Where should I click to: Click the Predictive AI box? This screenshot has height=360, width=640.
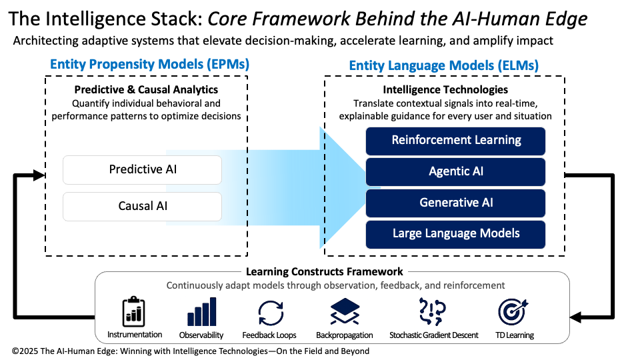coord(142,170)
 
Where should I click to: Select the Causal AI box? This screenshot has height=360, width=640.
coord(142,206)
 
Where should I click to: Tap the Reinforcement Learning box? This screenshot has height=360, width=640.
coord(456,141)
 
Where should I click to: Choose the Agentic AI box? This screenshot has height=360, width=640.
coord(456,171)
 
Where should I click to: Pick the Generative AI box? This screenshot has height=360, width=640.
coord(456,203)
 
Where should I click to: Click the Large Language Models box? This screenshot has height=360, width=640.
coord(456,234)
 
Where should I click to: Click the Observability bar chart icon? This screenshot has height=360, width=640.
coord(201,311)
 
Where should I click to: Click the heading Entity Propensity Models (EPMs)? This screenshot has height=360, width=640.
coord(149,65)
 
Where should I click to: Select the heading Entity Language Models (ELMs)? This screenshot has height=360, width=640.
coord(444,65)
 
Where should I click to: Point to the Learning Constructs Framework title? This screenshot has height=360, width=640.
coord(325,271)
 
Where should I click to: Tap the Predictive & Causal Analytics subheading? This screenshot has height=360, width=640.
coord(146,89)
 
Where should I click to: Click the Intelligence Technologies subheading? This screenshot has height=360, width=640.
coord(445,89)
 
